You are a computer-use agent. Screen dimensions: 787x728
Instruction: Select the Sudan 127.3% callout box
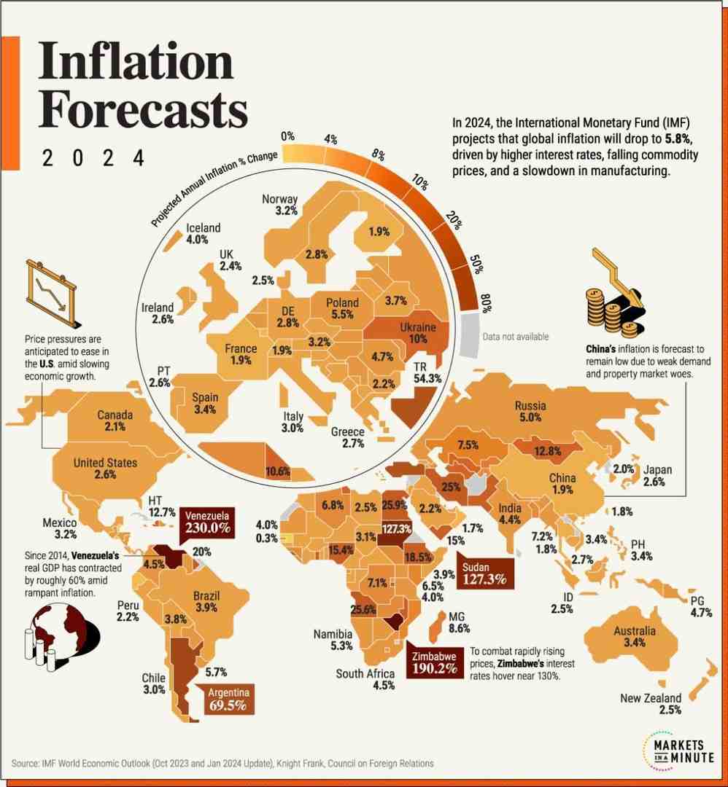482,573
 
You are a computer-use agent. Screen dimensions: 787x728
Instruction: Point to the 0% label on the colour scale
287,136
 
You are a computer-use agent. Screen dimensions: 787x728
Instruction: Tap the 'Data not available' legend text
515,337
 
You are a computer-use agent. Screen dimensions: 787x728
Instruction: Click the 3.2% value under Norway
287,211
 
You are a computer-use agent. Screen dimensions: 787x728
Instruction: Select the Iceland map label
203,227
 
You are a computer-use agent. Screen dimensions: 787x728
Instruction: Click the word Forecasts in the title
143,109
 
